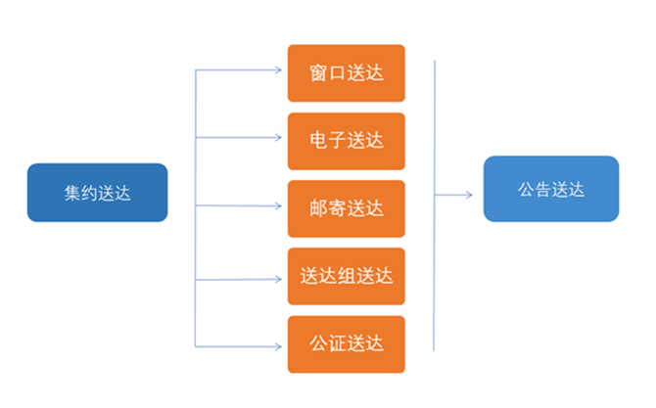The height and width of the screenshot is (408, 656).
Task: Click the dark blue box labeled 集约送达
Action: (97, 192)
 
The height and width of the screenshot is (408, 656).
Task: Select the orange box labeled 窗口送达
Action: (346, 72)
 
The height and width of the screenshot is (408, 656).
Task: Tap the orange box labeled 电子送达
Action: (346, 141)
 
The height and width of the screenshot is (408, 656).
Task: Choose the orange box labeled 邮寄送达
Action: (346, 208)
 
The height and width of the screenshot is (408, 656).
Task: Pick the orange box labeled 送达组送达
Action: (346, 277)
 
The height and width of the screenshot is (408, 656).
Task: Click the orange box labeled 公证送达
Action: (346, 344)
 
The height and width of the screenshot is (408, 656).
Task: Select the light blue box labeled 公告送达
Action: (551, 189)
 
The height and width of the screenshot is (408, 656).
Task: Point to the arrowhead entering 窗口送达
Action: (280, 70)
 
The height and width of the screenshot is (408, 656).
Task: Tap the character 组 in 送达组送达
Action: (346, 277)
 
